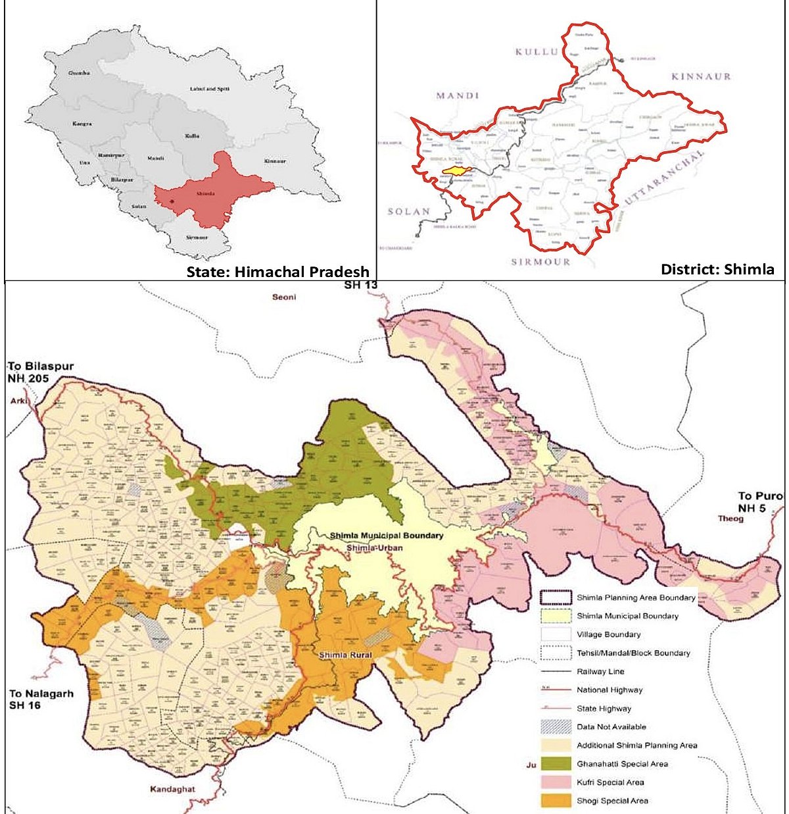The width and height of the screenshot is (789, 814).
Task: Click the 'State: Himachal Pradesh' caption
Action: pyautogui.click(x=277, y=271)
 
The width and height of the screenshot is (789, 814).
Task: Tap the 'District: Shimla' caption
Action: pyautogui.click(x=717, y=269)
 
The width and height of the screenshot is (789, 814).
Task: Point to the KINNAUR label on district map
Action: pyautogui.click(x=701, y=76)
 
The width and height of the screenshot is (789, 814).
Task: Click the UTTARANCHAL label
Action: pyautogui.click(x=664, y=176)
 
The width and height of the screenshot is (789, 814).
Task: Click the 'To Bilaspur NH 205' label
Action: pyautogui.click(x=41, y=372)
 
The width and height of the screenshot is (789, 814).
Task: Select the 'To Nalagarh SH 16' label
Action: pyautogui.click(x=41, y=699)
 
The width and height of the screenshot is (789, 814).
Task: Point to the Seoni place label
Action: pyautogui.click(x=284, y=297)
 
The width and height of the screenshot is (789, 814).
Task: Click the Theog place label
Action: pyautogui.click(x=730, y=519)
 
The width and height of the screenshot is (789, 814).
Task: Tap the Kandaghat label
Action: pyautogui.click(x=172, y=789)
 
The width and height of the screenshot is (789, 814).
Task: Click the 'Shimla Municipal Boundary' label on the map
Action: pyautogui.click(x=386, y=536)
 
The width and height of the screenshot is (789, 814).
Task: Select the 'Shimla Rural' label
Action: pyautogui.click(x=345, y=655)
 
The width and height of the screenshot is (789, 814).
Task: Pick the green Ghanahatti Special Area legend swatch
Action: pyautogui.click(x=554, y=764)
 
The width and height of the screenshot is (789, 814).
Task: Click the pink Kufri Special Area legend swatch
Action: pyautogui.click(x=554, y=782)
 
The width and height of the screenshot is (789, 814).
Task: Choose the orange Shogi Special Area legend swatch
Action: pyautogui.click(x=554, y=801)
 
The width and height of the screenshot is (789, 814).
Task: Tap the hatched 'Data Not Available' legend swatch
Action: pyautogui.click(x=554, y=727)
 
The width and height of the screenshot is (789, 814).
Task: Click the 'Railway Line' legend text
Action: pyautogui.click(x=600, y=672)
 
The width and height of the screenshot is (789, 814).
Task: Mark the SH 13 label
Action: pyautogui.click(x=360, y=286)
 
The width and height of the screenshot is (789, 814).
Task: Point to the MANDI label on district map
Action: pyautogui.click(x=458, y=96)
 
